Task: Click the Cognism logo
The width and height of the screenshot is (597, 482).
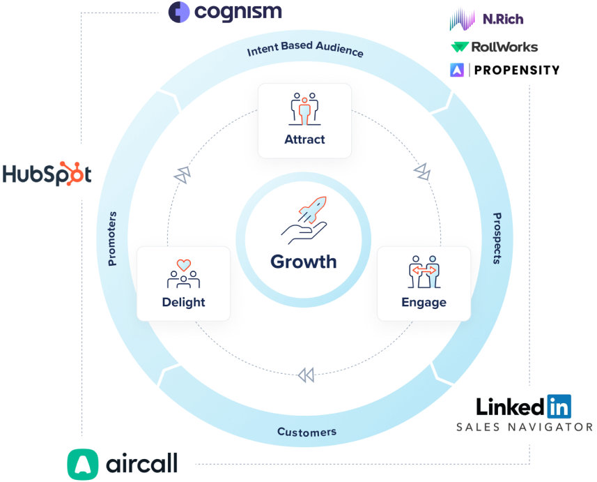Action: (x=226, y=12)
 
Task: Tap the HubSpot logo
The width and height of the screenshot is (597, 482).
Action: (x=47, y=173)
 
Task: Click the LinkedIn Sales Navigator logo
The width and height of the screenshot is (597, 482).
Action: (x=522, y=413)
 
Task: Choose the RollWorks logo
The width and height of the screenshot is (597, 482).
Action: (x=495, y=47)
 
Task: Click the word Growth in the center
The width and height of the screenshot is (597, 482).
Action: (x=303, y=262)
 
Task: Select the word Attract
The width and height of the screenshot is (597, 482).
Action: (x=304, y=139)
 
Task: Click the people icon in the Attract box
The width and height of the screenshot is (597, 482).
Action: (x=304, y=108)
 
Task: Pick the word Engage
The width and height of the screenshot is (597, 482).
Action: (x=424, y=302)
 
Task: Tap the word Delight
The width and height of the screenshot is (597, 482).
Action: (x=183, y=302)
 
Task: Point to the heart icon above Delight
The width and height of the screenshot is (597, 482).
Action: (x=183, y=266)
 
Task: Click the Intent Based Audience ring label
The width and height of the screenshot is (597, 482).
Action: (x=305, y=51)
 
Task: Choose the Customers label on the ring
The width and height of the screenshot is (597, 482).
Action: (x=307, y=432)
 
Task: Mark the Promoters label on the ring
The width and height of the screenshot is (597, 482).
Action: (x=112, y=239)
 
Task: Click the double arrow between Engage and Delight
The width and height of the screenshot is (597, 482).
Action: (x=305, y=375)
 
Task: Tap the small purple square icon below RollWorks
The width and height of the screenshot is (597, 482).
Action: (x=457, y=70)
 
